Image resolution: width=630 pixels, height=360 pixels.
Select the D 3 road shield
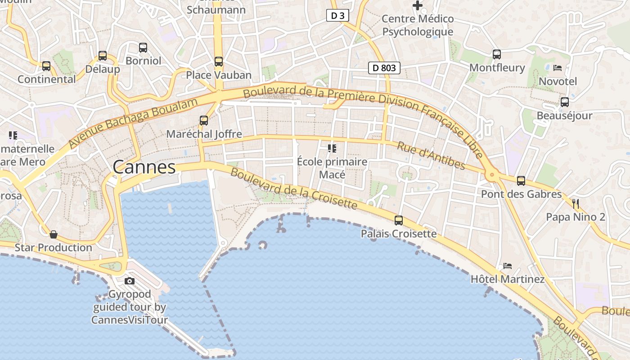[x=337, y=16]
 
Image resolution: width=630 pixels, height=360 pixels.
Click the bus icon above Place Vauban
[x=219, y=62]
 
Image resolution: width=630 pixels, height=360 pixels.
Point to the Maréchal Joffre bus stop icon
[x=204, y=121]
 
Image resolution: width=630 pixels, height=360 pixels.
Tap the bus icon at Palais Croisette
[x=399, y=220]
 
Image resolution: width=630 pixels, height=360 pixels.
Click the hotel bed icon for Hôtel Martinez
[x=508, y=266]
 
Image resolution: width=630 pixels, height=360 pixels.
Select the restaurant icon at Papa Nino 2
[x=576, y=204]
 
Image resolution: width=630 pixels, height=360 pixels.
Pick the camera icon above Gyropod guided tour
[x=130, y=281]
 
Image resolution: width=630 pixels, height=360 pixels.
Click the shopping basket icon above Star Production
[x=54, y=234]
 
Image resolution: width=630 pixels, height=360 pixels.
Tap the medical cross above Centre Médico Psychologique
[x=418, y=6]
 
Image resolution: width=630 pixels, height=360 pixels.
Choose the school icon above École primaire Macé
[x=332, y=148]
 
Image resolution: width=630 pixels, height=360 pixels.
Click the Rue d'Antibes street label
[x=431, y=156]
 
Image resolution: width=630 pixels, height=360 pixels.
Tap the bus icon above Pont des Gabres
[x=521, y=181]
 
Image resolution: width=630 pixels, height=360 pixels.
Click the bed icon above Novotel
[x=558, y=68]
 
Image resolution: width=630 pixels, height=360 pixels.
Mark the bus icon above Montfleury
[x=497, y=54]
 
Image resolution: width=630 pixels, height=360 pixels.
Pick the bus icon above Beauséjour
[x=565, y=102]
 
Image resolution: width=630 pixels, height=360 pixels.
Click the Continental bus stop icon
[x=46, y=66]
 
